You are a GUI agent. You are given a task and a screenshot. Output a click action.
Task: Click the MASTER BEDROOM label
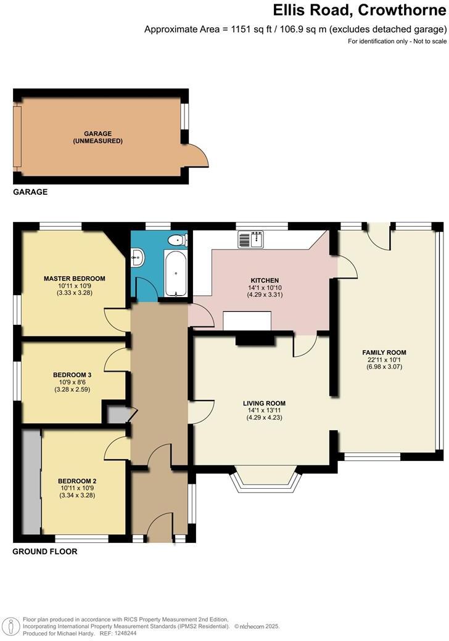click(x=75, y=278)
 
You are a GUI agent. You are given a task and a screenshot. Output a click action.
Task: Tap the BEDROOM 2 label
click(x=77, y=481)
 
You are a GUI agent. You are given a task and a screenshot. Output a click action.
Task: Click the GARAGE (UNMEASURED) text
click(x=104, y=137)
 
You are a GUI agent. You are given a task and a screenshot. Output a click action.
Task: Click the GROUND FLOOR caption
click(x=45, y=552)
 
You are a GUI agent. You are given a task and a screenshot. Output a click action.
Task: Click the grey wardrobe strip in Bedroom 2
click(x=31, y=483)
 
